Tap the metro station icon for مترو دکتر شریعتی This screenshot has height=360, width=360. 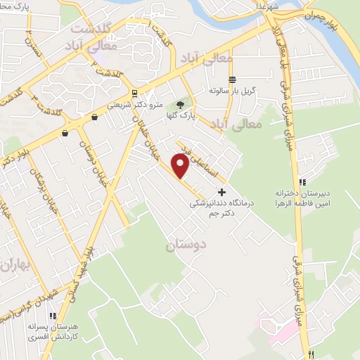[134, 94]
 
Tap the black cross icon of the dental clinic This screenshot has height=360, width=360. [222, 191]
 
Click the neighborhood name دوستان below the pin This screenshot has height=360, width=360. [183, 245]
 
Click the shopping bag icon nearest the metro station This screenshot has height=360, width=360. [94, 118]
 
